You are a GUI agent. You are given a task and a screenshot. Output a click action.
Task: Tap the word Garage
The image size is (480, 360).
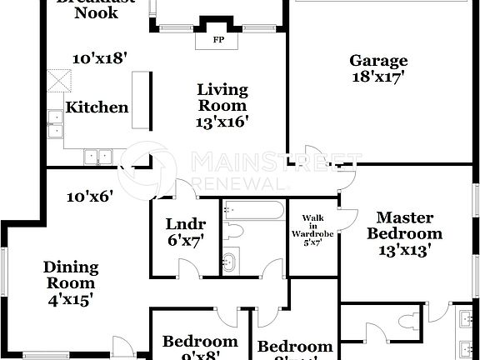(x=378, y=61)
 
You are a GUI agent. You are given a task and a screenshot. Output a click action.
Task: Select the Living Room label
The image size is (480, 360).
(x=222, y=97)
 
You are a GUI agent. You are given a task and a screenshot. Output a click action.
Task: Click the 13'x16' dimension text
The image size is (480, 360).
(x=222, y=121)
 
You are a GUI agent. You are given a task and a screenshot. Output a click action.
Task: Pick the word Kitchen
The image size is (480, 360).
(x=97, y=107)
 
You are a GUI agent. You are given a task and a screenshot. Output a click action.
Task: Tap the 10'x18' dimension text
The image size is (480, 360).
(x=99, y=59)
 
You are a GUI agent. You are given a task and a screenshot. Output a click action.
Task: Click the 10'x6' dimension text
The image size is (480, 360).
(x=91, y=197)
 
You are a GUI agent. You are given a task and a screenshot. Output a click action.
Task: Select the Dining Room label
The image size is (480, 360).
(x=71, y=276)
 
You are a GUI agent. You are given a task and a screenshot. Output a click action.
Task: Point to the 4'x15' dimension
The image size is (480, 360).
(x=71, y=297)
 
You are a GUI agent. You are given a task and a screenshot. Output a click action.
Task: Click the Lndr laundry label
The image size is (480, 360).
(x=185, y=224)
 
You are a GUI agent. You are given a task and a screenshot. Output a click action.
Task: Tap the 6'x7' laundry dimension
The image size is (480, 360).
(x=185, y=242)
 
